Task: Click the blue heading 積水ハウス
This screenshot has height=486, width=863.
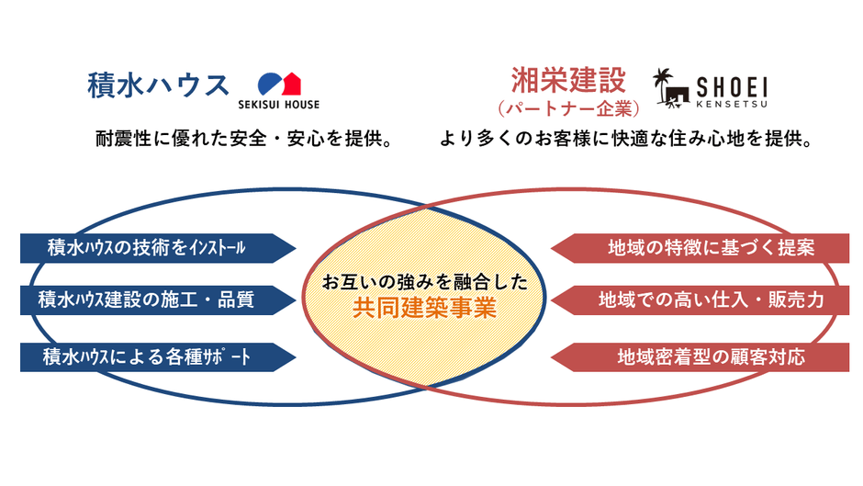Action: click(x=157, y=85)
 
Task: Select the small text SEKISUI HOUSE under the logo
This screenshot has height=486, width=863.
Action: click(x=280, y=105)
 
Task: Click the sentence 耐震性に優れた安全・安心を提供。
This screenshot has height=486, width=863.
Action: click(x=245, y=141)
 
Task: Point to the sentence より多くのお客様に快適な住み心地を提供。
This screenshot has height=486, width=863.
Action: click(x=625, y=141)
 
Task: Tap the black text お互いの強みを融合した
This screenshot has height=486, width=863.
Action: click(x=424, y=283)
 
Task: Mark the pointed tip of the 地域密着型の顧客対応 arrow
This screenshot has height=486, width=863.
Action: click(x=553, y=356)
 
